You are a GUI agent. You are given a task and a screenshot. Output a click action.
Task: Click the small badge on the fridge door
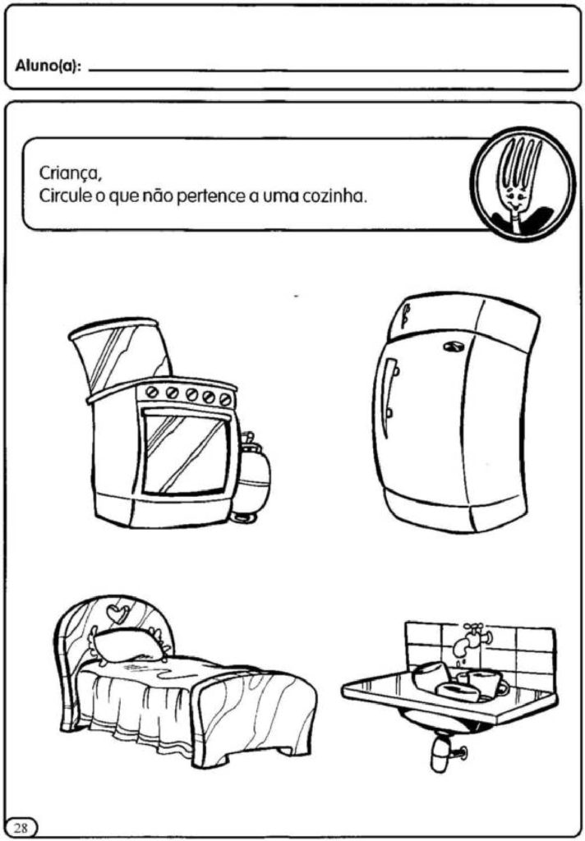pyautogui.click(x=452, y=347)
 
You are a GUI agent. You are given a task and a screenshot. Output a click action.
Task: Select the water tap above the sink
pyautogui.click(x=471, y=638)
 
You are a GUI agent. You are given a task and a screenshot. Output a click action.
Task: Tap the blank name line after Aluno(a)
pyautogui.click(x=328, y=71)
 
